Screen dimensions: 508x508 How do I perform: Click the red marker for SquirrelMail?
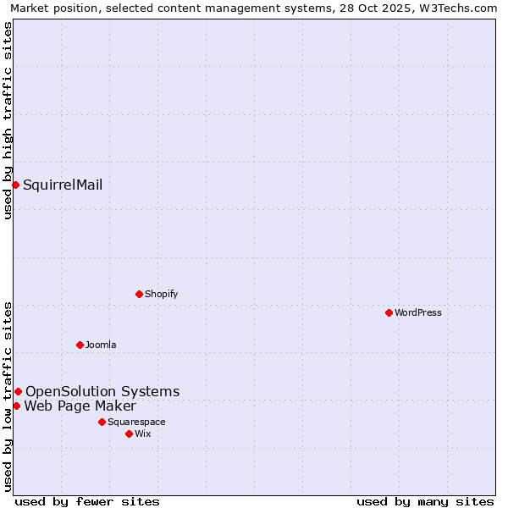point(15,185)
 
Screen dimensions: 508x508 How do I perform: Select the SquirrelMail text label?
point(63,185)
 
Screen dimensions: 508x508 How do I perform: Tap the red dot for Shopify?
point(139,294)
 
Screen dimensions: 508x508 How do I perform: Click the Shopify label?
point(161,295)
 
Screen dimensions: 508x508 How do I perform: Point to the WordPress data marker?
point(389,312)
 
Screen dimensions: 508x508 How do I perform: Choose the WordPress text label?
point(417,313)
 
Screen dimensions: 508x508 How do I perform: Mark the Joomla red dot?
point(80,345)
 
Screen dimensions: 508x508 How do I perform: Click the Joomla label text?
point(101,345)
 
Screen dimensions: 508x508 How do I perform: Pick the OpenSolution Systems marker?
point(18,391)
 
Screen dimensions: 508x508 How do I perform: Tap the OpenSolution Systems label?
point(102,391)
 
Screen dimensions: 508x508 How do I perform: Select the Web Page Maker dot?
point(16,406)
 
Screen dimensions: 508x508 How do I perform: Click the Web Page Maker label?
point(80,406)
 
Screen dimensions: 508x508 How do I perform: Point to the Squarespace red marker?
point(102,422)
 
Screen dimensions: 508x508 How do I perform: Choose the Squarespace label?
point(136,422)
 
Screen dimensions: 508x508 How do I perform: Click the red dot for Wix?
point(129,433)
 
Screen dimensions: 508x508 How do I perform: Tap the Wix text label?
point(142,434)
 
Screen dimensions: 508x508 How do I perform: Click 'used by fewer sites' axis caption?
point(87,501)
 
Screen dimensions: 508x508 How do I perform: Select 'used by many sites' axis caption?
point(425,501)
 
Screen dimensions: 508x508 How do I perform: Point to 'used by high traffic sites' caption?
point(8,120)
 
